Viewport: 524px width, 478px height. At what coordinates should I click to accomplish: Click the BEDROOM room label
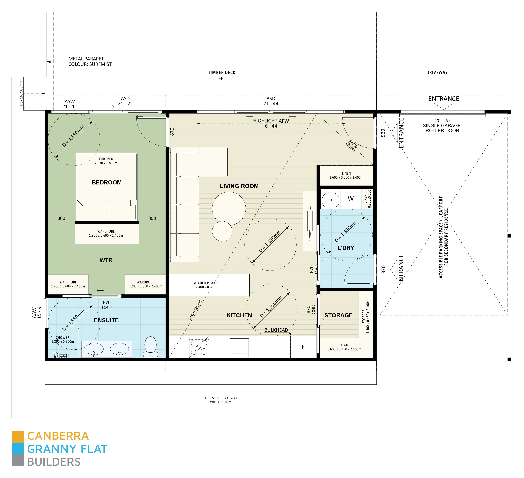coord(107,182)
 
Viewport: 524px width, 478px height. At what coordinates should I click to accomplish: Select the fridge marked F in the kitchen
coord(303,347)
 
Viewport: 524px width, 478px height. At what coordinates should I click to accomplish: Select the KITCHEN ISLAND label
coord(205,285)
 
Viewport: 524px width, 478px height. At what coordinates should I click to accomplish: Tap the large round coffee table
coord(229,208)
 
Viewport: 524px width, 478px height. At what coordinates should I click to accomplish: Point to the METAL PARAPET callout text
coord(90,62)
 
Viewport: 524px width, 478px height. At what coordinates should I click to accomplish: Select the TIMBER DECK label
coord(222,75)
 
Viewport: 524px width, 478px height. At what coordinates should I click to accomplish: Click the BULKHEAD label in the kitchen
coord(276,330)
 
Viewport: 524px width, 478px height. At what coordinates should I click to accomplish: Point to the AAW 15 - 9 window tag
coord(37,313)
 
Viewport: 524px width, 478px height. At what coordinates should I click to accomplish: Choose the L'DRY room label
coord(345,248)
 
